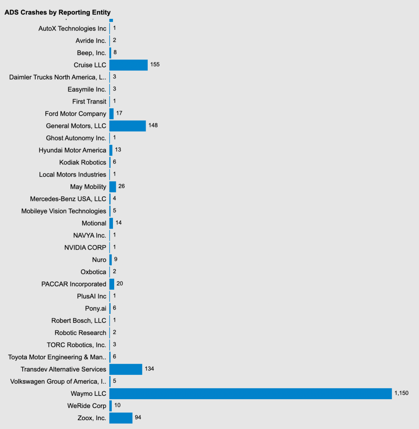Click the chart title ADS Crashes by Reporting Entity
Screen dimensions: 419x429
tap(58, 12)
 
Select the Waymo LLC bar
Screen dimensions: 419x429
tap(251, 393)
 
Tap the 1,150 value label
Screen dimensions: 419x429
tap(401, 393)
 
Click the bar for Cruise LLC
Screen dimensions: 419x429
tap(128, 65)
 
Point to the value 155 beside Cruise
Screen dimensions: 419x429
tap(155, 65)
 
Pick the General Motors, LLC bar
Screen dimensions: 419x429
tap(128, 126)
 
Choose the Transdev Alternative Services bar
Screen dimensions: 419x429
tap(126, 369)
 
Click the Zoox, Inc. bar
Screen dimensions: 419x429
tap(121, 418)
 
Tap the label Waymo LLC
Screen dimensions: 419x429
tap(89, 394)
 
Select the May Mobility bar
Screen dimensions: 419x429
tap(113, 187)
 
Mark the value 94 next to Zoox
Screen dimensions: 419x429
tap(138, 418)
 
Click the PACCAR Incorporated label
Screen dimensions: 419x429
tap(73, 284)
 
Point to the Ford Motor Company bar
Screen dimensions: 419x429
tap(111, 114)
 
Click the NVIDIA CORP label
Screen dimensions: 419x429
tap(85, 247)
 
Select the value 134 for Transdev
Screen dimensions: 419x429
tap(149, 369)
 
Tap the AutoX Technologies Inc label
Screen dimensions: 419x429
tap(72, 29)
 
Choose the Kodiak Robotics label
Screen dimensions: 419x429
tap(83, 163)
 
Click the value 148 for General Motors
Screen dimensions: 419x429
tap(153, 125)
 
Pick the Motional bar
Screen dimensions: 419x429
tap(111, 223)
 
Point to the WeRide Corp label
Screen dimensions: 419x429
tap(87, 406)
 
